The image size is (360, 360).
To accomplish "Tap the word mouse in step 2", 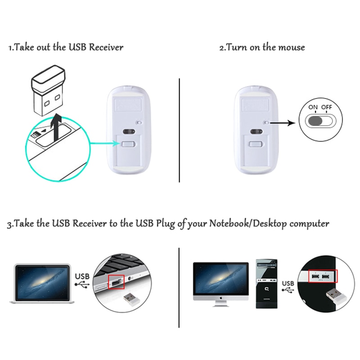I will click(x=291, y=47).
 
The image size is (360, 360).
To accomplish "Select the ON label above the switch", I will click(x=313, y=108).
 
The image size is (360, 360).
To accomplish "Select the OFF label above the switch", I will click(x=327, y=108).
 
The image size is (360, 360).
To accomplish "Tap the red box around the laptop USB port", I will click(x=116, y=283).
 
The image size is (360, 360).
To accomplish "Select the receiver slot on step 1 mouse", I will click(x=129, y=144).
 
